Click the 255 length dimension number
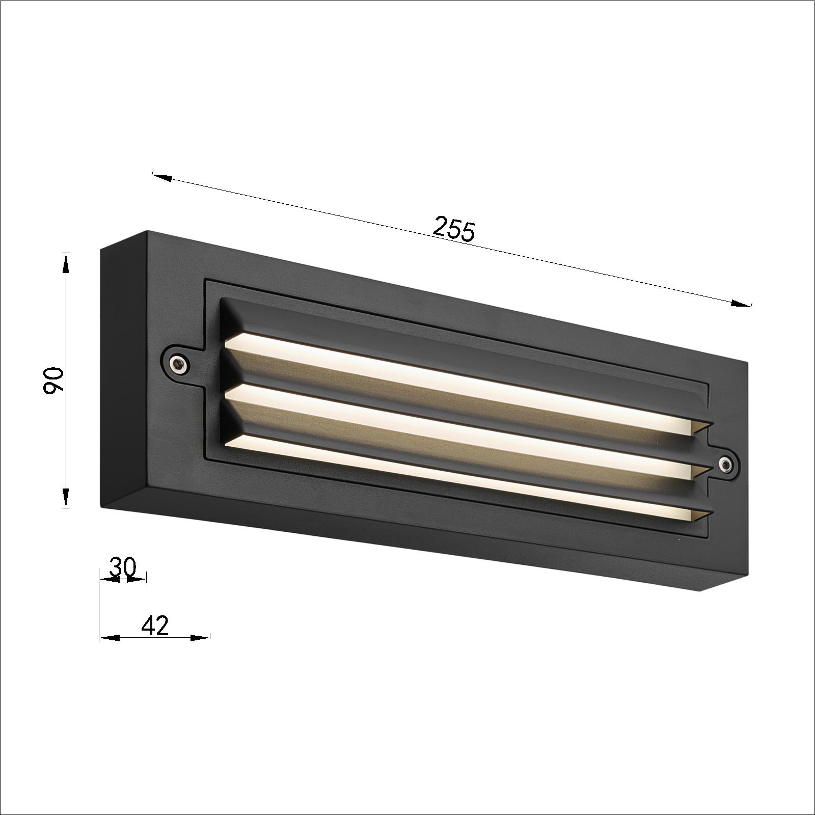click(x=453, y=230)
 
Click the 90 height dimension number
click(x=53, y=381)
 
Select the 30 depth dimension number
click(x=123, y=567)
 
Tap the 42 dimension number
click(x=154, y=626)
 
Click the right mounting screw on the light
click(x=725, y=463)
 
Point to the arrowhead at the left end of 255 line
click(x=161, y=177)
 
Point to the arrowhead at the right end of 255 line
click(x=742, y=304)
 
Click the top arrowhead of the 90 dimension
click(x=66, y=264)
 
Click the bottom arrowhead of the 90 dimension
click(x=66, y=497)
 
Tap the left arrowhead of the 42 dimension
click(x=110, y=637)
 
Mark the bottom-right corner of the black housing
click(x=703, y=591)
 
